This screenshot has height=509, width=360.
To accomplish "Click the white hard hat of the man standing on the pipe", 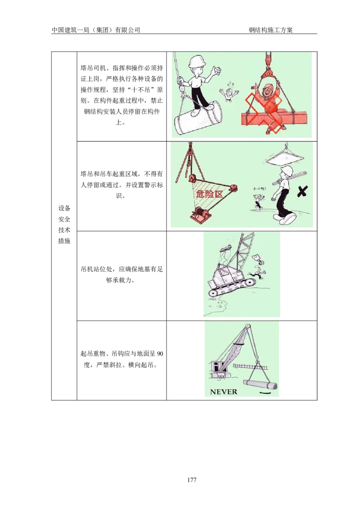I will (196, 62).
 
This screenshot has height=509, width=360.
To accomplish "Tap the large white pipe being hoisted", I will (198, 118).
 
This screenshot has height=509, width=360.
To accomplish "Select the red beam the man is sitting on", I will (274, 118).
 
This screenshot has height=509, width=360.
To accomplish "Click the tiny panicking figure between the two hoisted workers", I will (229, 94).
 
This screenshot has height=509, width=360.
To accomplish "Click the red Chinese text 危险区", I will (210, 194).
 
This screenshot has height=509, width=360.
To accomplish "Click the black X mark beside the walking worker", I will (303, 192).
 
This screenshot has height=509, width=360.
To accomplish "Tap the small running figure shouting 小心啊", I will (259, 201).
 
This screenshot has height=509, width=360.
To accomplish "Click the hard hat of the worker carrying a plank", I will (287, 170).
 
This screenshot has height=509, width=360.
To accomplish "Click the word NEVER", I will (223, 392).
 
